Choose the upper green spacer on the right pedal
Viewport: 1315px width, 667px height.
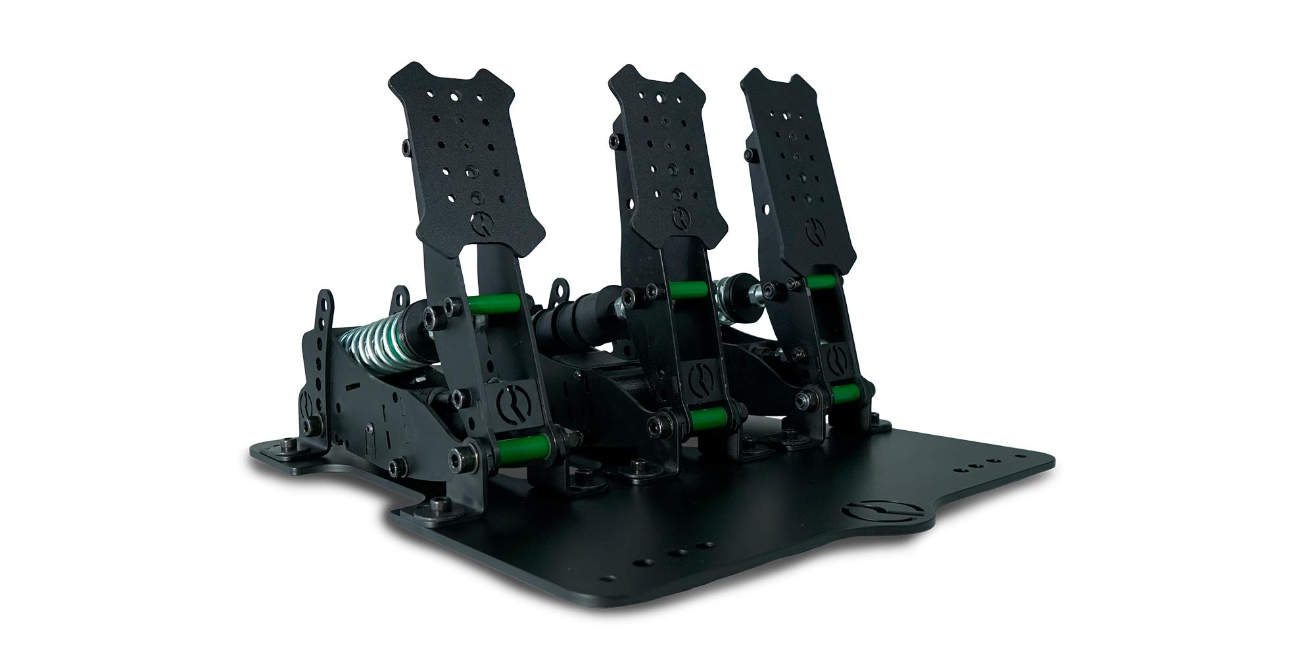822,282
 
